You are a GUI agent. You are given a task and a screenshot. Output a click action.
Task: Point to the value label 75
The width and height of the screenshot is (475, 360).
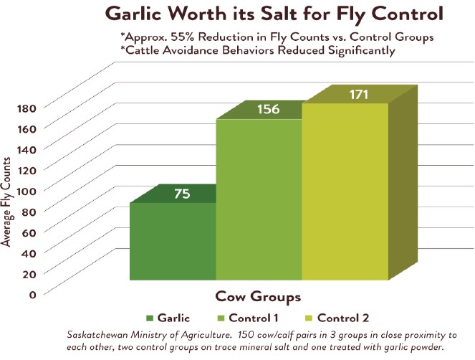[181, 194]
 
